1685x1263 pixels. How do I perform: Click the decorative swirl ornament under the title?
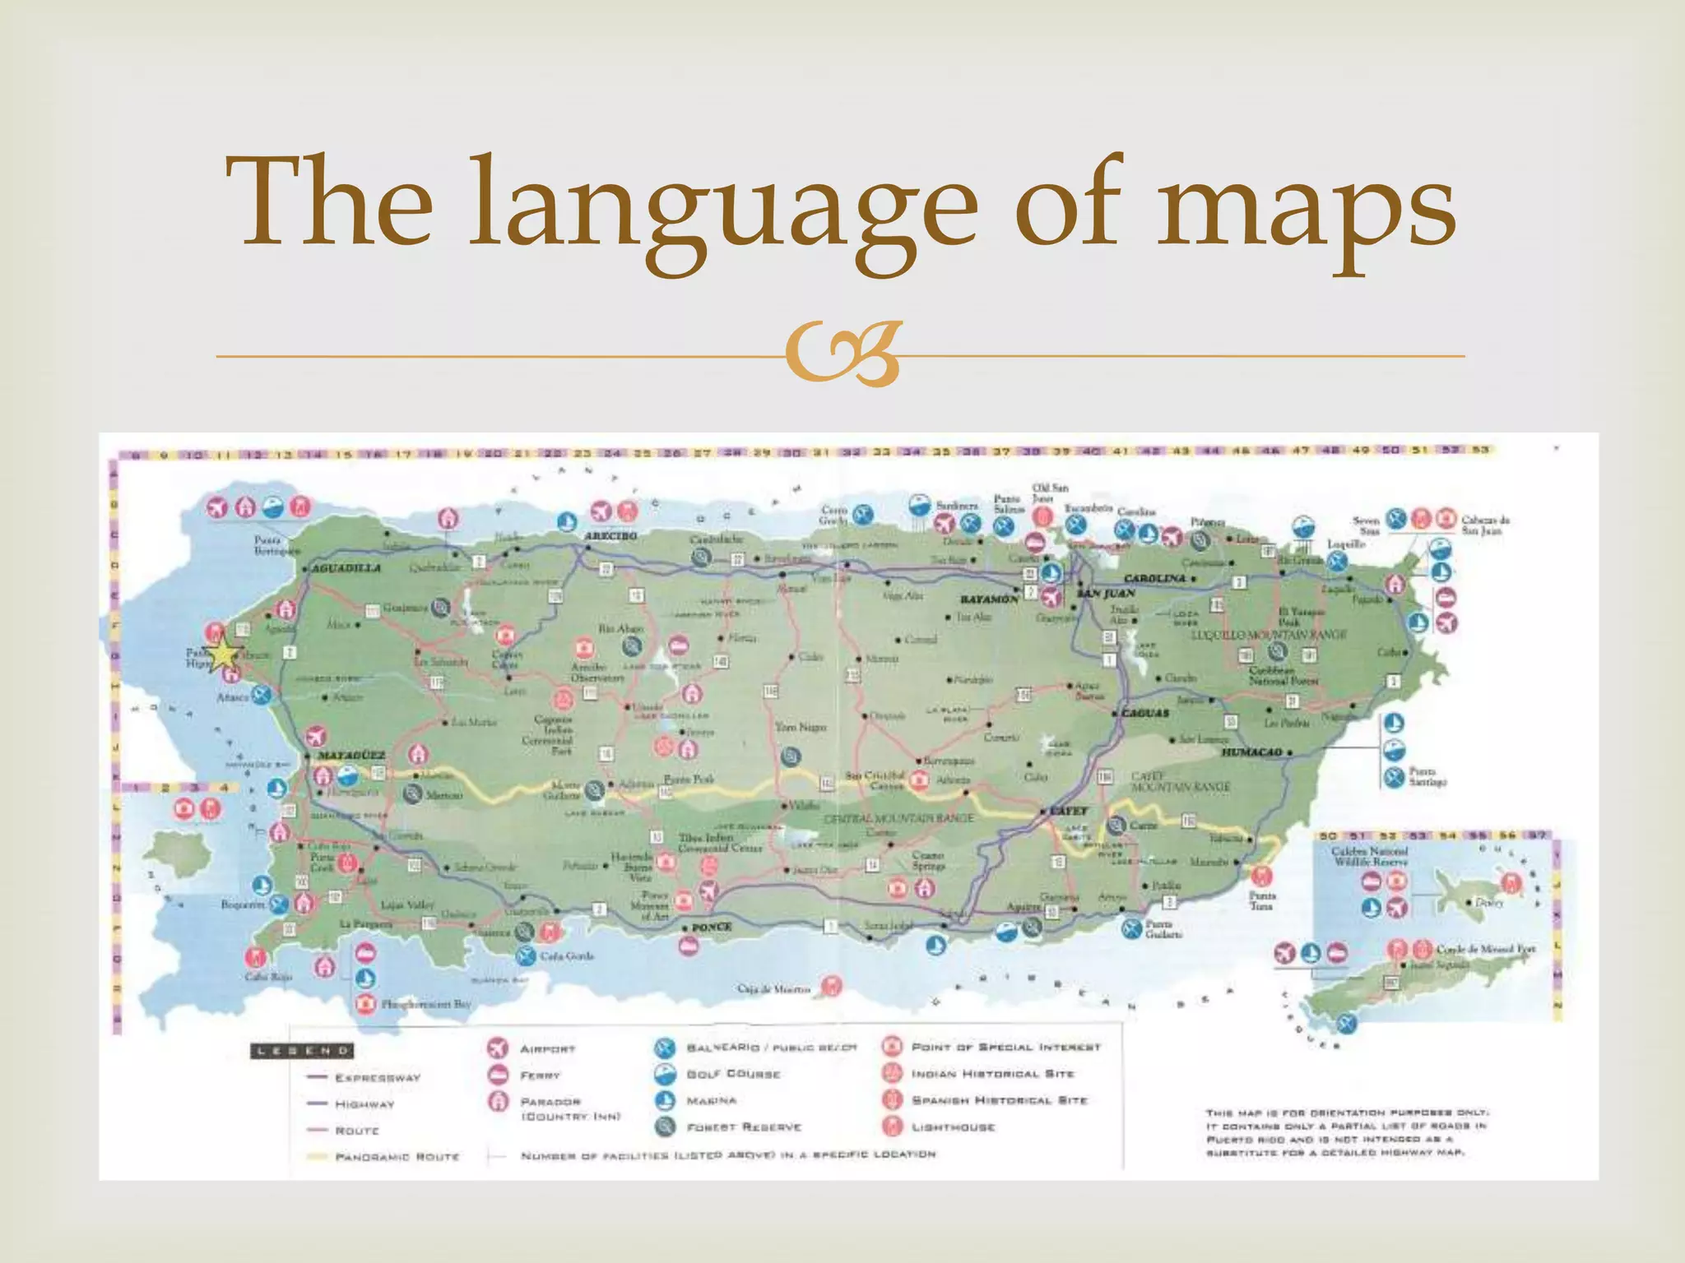pos(842,354)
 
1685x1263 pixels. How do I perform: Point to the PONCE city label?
pos(712,927)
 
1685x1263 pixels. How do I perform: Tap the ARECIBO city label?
pos(610,536)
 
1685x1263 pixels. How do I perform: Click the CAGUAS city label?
pos(1145,713)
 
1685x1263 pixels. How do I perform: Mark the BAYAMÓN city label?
pos(990,599)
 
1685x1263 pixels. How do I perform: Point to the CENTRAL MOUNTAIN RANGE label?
pos(898,818)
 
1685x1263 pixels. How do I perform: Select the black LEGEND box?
pos(302,1051)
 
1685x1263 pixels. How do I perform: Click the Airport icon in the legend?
pos(498,1048)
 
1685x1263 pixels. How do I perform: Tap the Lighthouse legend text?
pos(953,1127)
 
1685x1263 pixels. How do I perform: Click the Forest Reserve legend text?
pos(744,1127)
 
